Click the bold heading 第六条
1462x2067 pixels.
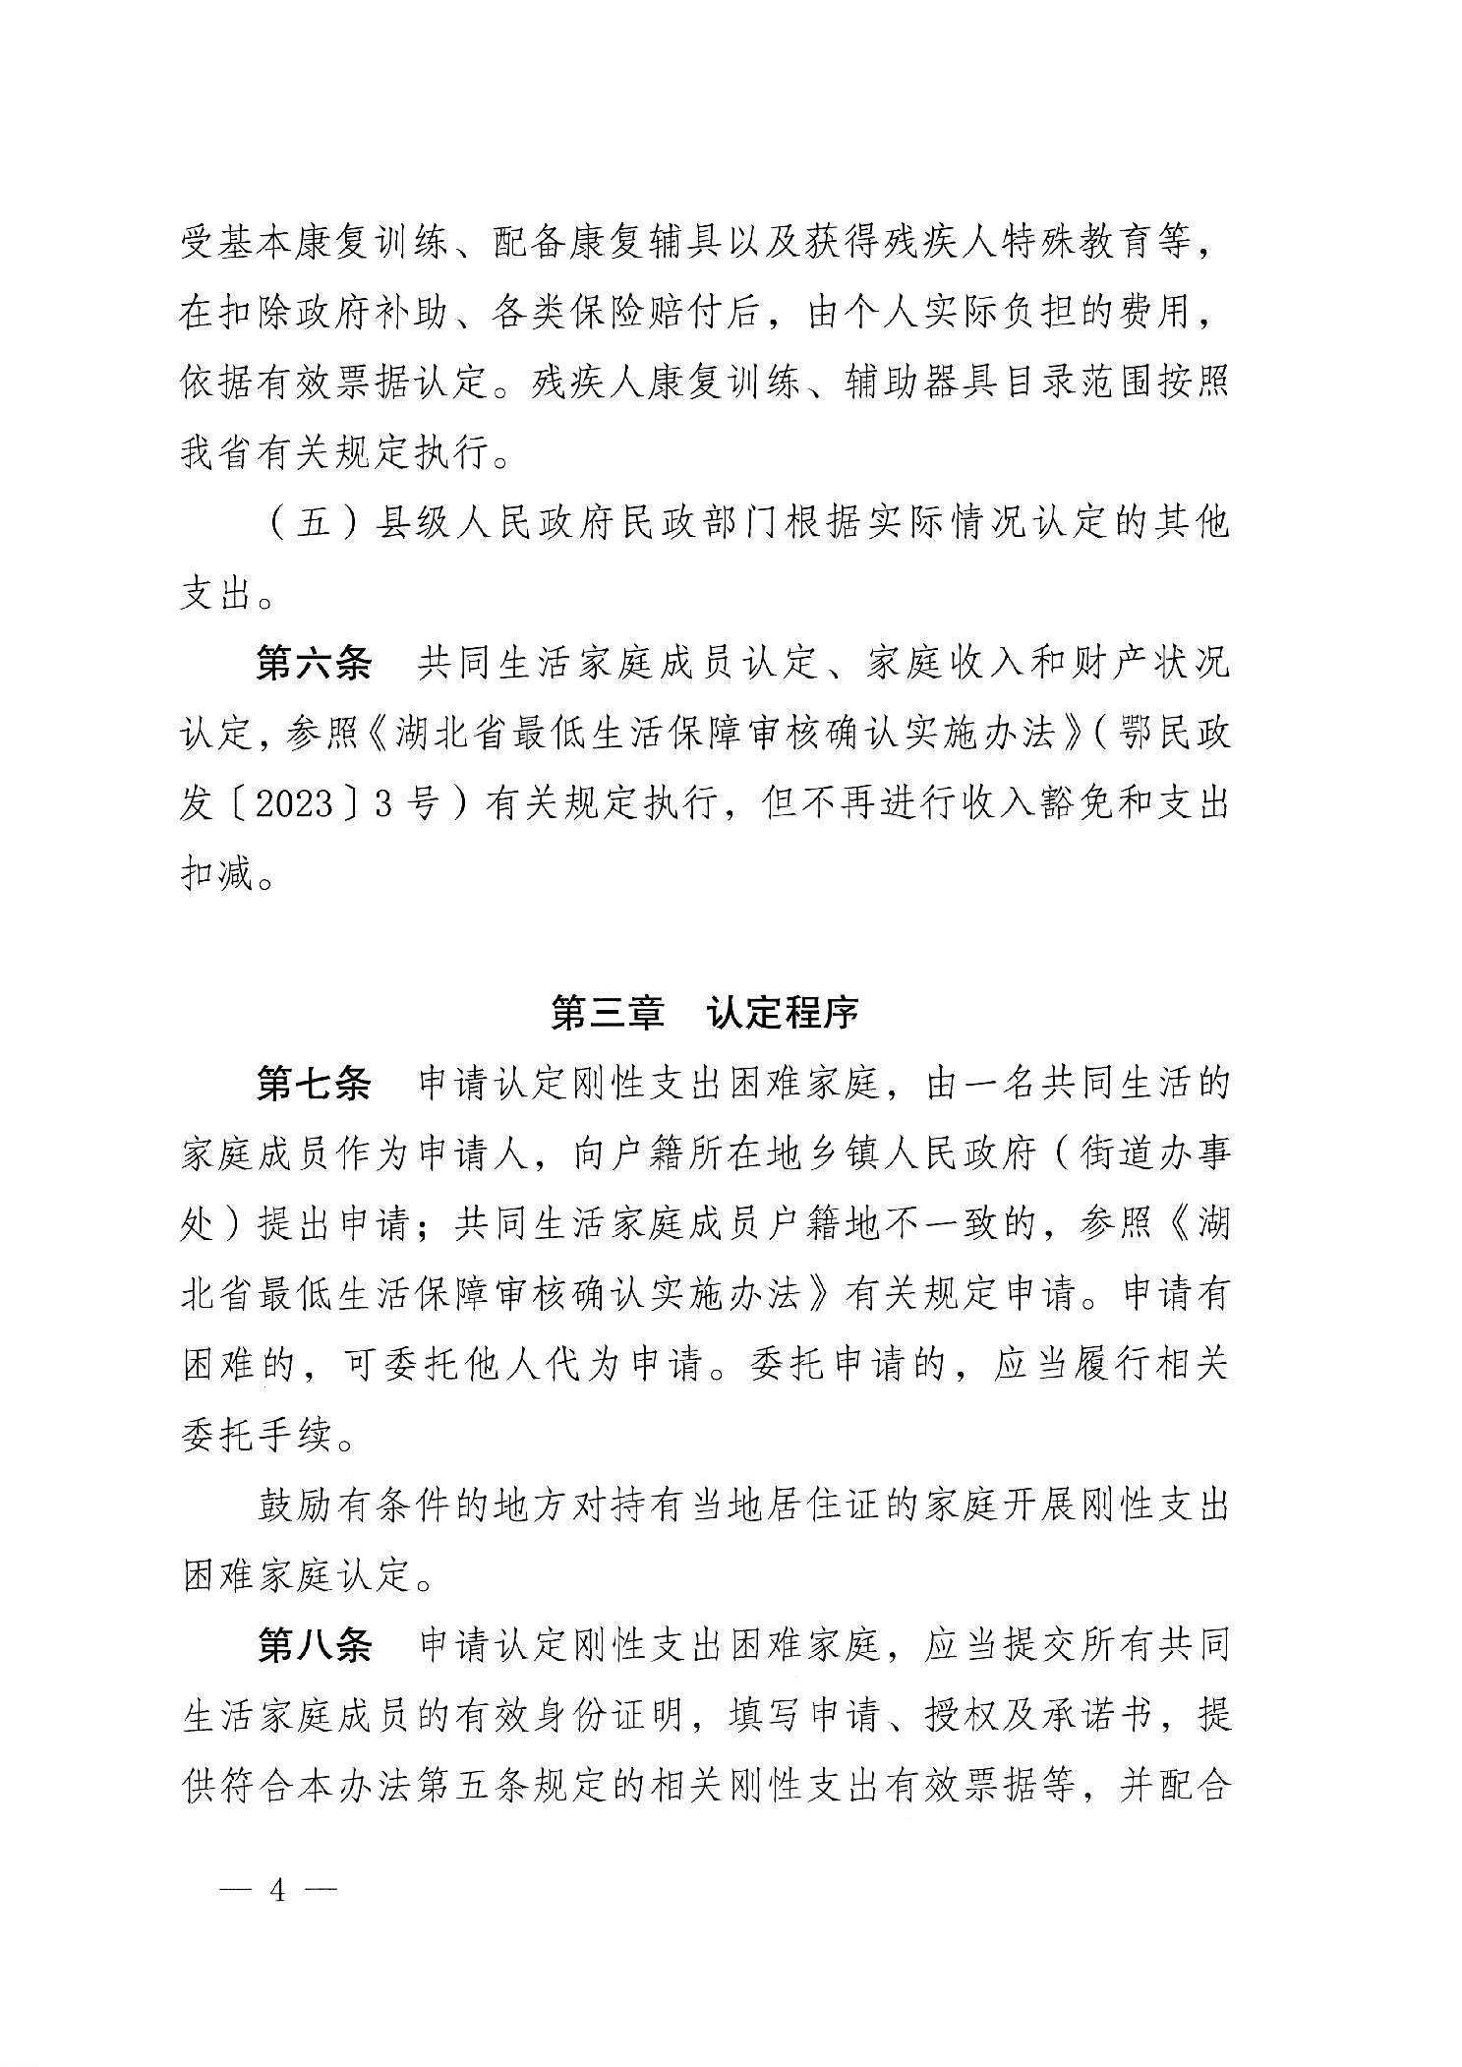(x=315, y=666)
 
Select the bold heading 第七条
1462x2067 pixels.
(x=315, y=1085)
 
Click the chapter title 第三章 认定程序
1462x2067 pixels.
(x=705, y=1013)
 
